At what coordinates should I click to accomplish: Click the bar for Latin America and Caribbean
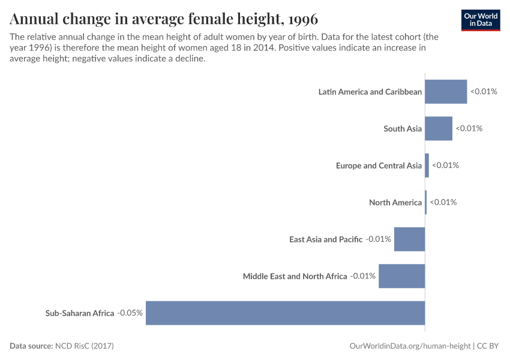point(446,92)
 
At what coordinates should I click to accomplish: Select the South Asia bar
point(439,128)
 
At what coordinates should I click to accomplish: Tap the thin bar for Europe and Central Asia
point(427,166)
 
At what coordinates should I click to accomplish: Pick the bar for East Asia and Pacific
point(409,239)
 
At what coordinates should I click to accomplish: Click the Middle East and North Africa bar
point(401,276)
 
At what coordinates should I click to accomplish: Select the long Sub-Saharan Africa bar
point(285,313)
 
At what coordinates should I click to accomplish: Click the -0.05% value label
point(130,313)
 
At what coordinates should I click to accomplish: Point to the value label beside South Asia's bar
point(469,128)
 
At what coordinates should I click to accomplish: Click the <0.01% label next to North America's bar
point(443,202)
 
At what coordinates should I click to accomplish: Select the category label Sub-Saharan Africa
point(80,313)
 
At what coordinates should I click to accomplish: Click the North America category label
point(395,202)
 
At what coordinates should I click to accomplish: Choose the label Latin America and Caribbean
point(370,92)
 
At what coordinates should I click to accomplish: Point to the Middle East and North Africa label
point(295,276)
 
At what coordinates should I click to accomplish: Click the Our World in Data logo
point(480,20)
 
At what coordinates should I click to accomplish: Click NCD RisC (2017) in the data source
point(84,346)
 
